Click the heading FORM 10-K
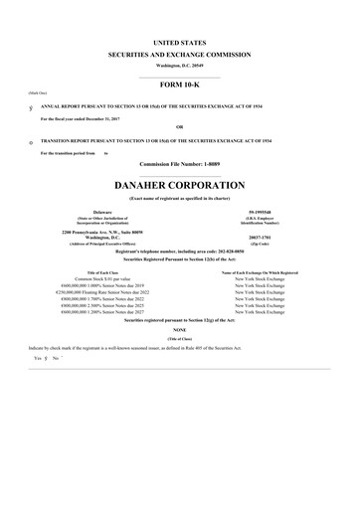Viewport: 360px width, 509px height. coord(179,85)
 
